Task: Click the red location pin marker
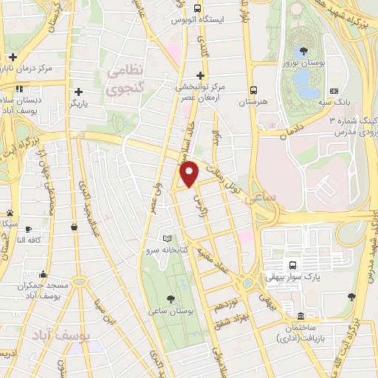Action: click(190, 173)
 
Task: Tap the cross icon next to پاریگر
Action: click(77, 92)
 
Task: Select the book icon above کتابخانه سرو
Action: click(168, 238)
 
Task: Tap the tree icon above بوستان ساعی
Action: click(171, 299)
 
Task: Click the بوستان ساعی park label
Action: click(171, 312)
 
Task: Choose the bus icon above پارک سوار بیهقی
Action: click(292, 265)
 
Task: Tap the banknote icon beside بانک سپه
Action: click(334, 92)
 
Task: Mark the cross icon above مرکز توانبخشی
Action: click(201, 75)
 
